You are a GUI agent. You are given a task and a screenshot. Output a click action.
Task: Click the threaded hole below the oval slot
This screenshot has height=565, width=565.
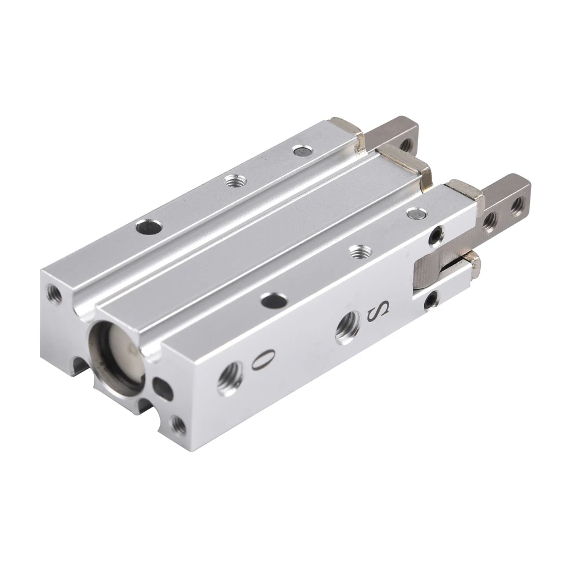pos(178,424)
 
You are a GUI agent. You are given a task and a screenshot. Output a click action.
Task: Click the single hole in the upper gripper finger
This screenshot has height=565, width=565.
pos(405,144)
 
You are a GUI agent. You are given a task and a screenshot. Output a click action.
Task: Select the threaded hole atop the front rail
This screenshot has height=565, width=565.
pos(357,250)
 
